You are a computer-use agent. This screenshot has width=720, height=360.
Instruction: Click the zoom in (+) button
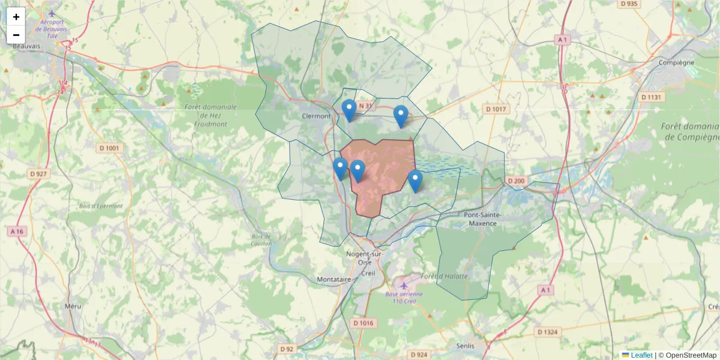click(16, 17)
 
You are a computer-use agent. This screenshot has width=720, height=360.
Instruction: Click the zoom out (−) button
click(16, 35)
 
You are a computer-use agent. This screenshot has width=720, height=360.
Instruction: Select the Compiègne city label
click(676, 62)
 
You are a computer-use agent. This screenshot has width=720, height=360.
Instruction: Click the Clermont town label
click(316, 116)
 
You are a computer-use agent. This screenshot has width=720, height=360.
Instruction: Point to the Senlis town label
click(465, 346)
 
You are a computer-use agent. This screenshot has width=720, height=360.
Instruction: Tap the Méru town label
click(72, 306)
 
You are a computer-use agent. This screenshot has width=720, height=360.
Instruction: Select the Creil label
click(368, 272)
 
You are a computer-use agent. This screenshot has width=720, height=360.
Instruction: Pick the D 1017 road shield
click(495, 109)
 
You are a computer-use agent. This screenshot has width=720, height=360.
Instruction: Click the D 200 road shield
click(515, 181)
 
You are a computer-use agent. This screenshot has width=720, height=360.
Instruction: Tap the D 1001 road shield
click(109, 148)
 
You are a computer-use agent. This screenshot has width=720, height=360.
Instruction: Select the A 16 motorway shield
click(17, 231)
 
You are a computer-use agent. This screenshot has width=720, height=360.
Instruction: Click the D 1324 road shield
click(547, 332)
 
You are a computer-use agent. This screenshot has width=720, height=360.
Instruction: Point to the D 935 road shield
click(629, 4)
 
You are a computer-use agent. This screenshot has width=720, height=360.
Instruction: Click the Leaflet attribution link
click(641, 355)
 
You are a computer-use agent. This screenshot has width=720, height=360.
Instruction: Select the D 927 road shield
click(38, 173)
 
